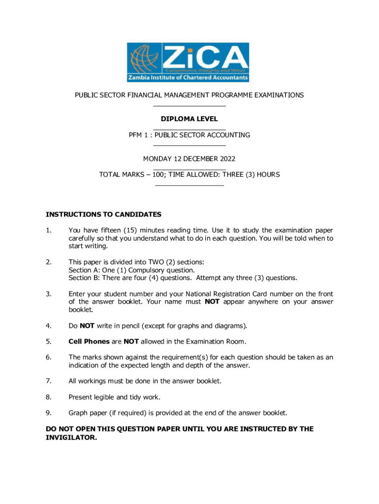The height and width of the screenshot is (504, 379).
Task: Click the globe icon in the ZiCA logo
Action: click(x=142, y=58)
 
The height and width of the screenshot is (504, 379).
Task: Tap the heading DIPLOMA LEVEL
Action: click(x=189, y=119)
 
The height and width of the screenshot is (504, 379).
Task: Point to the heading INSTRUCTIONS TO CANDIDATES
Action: click(x=103, y=215)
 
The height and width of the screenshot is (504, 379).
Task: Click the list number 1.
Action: click(x=48, y=230)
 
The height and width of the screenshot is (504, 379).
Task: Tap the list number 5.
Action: click(x=48, y=342)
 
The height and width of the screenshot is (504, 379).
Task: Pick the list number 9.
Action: click(x=48, y=412)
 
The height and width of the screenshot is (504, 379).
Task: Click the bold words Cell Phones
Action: click(x=89, y=342)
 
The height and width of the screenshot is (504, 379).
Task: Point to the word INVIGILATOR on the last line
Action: click(x=71, y=437)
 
